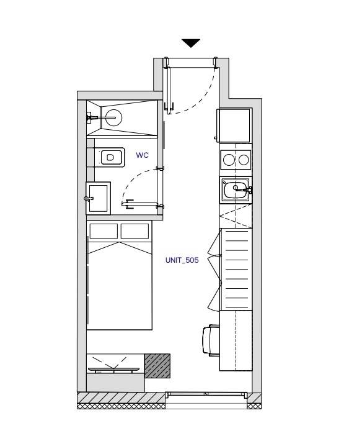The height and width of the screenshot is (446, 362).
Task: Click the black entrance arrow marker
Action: (191, 43)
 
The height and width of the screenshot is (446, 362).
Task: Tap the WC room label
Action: (142, 155)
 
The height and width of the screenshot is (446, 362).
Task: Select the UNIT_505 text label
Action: (182, 260)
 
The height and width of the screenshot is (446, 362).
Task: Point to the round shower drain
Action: (113, 117)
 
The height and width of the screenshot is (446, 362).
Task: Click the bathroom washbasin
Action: (98, 198)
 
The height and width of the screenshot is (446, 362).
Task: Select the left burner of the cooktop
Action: (229, 160)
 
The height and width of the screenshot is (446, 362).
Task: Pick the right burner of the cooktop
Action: (244, 160)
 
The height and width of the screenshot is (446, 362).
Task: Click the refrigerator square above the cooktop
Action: (234, 125)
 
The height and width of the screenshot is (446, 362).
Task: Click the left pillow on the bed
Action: (104, 231)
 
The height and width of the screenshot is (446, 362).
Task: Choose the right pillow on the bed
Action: (135, 231)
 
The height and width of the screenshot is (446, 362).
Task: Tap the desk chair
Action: (211, 340)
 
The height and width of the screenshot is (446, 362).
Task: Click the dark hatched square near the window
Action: (157, 366)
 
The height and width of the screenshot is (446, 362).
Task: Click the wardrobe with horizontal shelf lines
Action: (236, 270)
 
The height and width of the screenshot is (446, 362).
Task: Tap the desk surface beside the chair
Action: (236, 340)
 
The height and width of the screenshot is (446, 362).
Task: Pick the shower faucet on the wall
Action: (92, 117)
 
